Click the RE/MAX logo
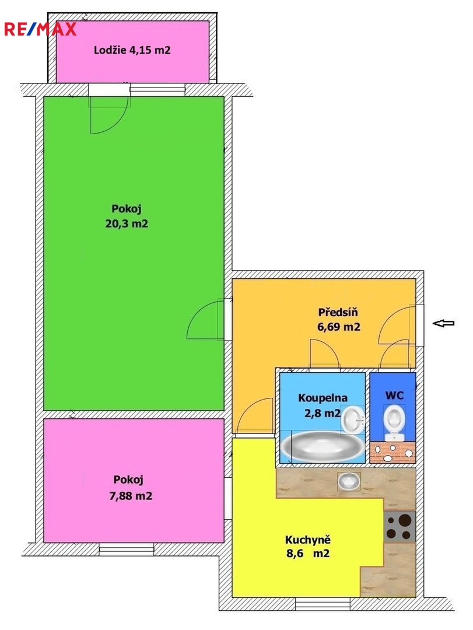(40, 29)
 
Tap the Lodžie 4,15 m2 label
(132, 50)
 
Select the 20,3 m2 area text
(127, 223)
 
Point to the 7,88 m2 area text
(131, 496)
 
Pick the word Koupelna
(323, 398)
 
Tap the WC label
(394, 395)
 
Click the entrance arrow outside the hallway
(443, 323)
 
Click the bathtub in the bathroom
(321, 446)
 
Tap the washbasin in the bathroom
(352, 419)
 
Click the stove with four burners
(400, 526)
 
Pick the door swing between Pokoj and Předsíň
(204, 320)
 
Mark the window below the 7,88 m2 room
(126, 549)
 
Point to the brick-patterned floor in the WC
(393, 452)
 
